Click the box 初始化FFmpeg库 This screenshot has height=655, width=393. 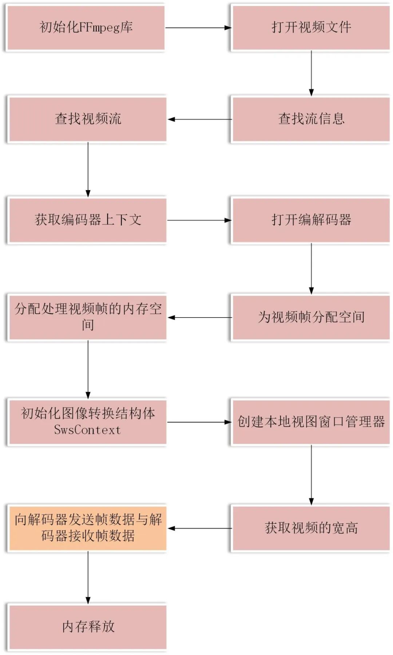click(x=86, y=28)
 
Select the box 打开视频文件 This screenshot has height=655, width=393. click(x=311, y=28)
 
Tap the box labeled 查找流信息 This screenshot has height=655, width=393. click(x=311, y=119)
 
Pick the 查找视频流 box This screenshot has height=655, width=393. click(x=88, y=119)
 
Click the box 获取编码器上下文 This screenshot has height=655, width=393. click(x=88, y=220)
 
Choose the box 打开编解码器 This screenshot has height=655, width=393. click(x=311, y=220)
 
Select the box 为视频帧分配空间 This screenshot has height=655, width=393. click(x=311, y=317)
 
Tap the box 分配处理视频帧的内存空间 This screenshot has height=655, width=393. click(x=88, y=317)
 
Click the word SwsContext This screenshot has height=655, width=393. click(x=87, y=430)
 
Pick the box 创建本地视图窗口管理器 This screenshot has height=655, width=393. click(x=311, y=422)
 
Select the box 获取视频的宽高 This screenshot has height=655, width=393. click(x=311, y=528)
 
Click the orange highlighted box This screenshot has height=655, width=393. click(x=88, y=528)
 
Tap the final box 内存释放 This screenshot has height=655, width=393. click(x=88, y=627)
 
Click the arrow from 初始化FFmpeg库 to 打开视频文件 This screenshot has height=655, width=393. click(x=198, y=28)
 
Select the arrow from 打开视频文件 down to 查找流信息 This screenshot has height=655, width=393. click(x=311, y=73)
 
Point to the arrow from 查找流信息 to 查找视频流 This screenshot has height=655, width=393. click(x=199, y=119)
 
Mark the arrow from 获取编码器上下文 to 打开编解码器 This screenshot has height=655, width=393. click(x=199, y=220)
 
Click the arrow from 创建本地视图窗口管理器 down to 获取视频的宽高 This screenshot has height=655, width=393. click(x=311, y=475)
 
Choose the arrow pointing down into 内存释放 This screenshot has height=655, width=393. click(x=88, y=578)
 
